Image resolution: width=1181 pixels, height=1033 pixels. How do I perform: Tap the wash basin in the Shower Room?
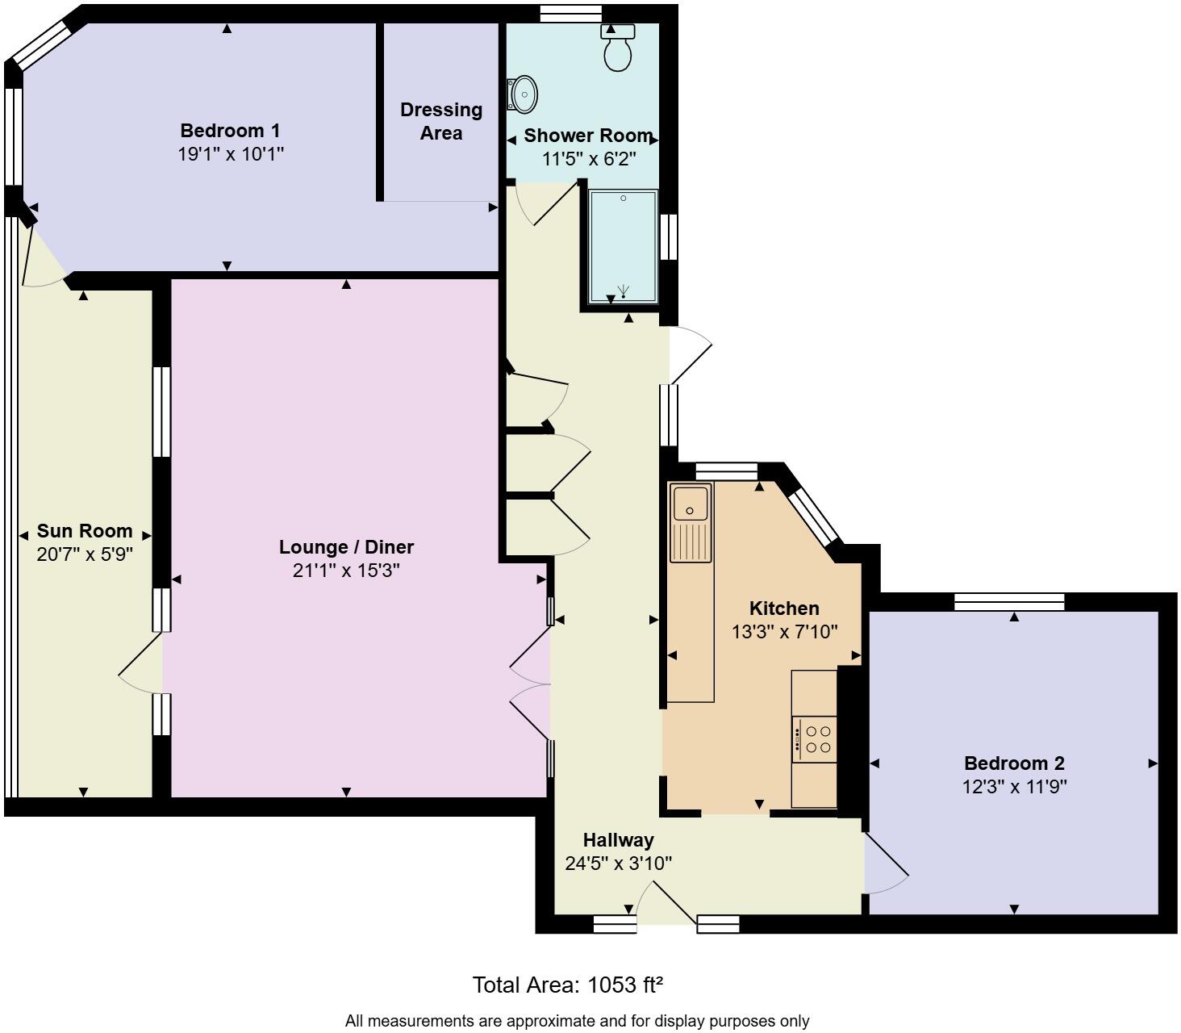[523, 94]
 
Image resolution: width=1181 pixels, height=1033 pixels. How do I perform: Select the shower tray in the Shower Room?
[623, 246]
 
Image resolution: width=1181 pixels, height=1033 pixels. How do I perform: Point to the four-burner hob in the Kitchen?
[815, 739]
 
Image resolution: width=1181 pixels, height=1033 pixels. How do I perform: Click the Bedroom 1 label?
[230, 131]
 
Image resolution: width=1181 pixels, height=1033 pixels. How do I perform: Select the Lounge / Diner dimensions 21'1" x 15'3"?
[346, 571]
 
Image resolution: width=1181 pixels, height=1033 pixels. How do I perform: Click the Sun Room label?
[85, 531]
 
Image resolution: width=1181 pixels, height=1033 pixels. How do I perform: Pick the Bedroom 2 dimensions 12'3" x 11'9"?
[1014, 786]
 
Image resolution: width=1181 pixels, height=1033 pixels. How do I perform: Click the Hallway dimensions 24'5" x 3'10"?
[618, 864]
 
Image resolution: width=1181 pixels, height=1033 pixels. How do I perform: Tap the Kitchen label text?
[784, 609]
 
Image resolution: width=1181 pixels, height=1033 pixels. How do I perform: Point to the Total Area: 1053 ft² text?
[567, 985]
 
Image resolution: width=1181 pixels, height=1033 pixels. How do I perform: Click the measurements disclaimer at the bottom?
[577, 1021]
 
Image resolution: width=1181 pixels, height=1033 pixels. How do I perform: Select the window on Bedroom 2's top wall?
[1009, 601]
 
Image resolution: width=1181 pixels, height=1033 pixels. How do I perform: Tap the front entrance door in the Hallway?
[666, 904]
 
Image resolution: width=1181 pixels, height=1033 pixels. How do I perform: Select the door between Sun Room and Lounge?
[141, 663]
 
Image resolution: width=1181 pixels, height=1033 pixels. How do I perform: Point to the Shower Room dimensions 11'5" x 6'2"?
[589, 159]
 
